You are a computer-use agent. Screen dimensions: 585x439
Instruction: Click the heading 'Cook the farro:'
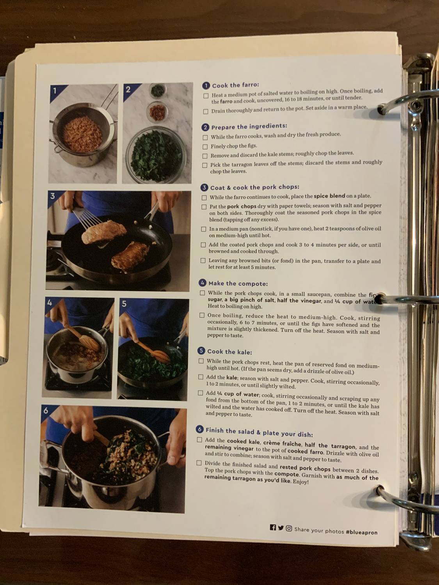click(x=235, y=85)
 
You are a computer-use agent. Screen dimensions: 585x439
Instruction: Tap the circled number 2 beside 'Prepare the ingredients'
click(x=205, y=127)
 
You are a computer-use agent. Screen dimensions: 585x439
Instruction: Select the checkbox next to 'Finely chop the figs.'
click(x=205, y=147)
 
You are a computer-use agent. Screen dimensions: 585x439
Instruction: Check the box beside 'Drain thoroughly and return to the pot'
click(x=206, y=112)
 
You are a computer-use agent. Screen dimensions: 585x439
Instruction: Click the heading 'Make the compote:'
click(x=238, y=284)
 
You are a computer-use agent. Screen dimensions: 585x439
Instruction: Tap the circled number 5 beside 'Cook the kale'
click(x=201, y=351)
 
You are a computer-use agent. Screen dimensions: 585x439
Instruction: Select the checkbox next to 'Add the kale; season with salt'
click(x=201, y=377)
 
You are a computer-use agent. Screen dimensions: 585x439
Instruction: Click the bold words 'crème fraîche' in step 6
click(x=282, y=443)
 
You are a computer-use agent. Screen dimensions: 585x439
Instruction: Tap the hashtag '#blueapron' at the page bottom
click(x=361, y=532)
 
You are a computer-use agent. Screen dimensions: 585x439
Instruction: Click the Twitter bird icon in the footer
click(x=281, y=528)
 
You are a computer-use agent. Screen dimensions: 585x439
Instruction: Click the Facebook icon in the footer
click(x=273, y=528)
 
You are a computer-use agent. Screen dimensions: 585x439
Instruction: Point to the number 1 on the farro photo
click(x=55, y=90)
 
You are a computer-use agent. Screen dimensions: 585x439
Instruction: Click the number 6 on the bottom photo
click(x=46, y=411)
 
